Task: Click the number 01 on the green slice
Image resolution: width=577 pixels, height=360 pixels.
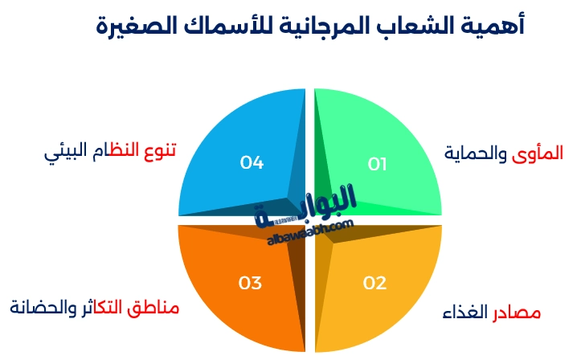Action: pos(378,164)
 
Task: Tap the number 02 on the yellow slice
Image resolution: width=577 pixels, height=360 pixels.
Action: pos(375,283)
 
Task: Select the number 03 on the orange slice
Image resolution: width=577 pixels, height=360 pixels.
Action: pos(251,283)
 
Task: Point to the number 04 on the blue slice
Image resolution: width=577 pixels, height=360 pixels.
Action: pos(252,163)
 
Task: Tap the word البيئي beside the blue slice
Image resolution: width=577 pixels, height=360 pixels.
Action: pos(62,150)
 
